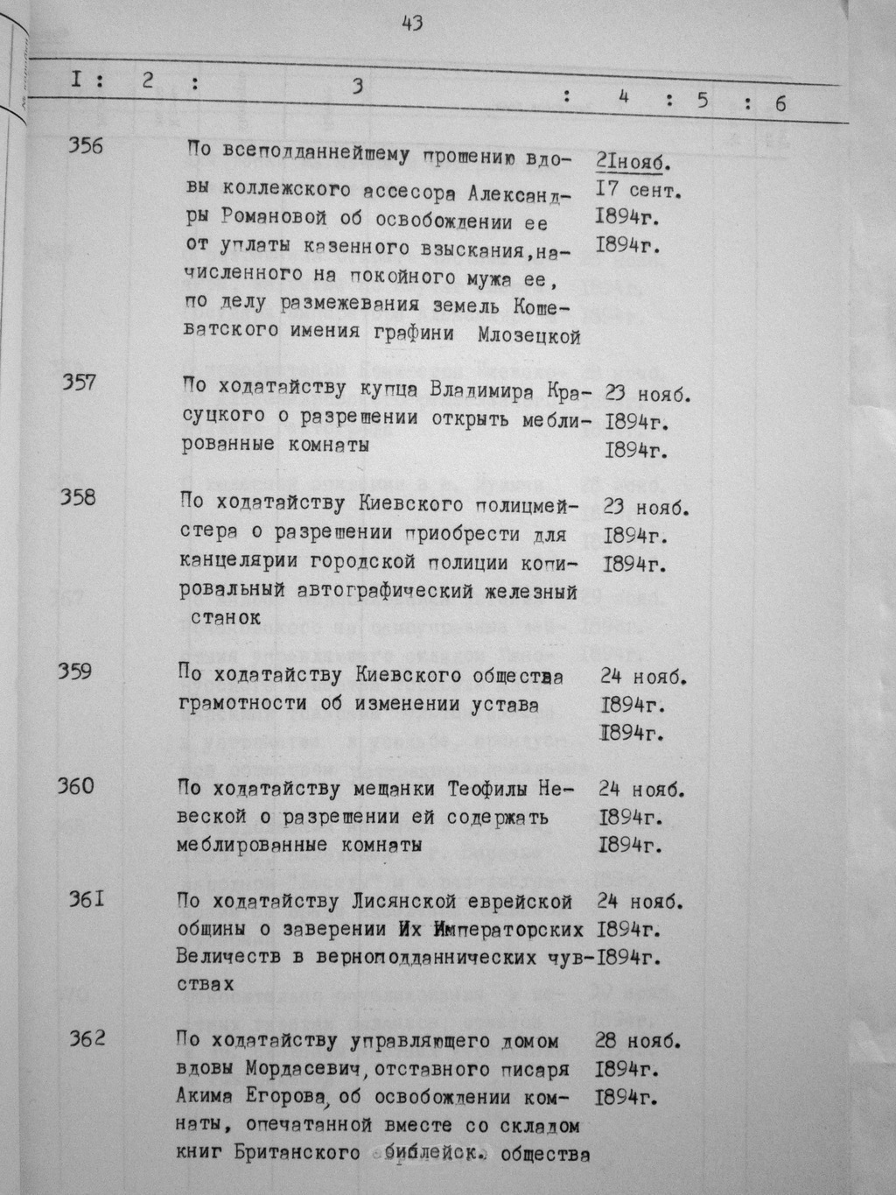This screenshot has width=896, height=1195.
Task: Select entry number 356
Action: pos(85,146)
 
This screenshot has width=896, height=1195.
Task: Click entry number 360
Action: pos(76,786)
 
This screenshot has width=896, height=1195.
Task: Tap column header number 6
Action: pos(780,103)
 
